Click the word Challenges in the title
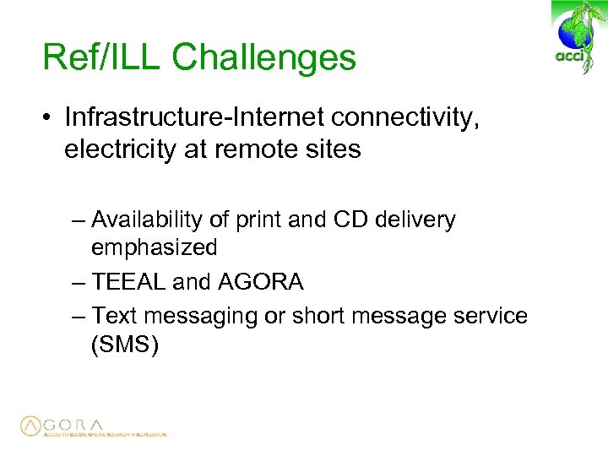click(264, 57)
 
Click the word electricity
click(116, 149)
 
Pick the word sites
click(333, 149)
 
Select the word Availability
click(147, 220)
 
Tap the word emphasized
click(154, 247)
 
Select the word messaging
click(189, 316)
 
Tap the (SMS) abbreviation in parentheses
click(124, 345)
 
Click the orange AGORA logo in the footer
click(63, 426)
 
